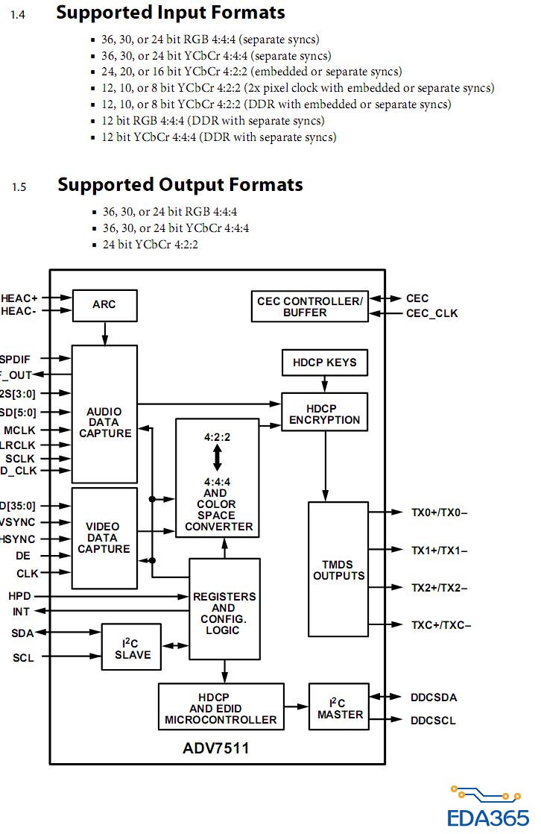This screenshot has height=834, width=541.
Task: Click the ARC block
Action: tap(104, 305)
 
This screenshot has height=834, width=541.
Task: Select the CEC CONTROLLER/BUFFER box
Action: tap(309, 307)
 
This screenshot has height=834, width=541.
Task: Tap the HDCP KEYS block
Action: tap(324, 363)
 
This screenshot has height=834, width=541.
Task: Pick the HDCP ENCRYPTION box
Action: tap(324, 414)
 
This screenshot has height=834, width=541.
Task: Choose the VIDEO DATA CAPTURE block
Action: tap(104, 538)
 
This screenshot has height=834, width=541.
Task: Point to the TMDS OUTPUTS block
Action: tap(338, 569)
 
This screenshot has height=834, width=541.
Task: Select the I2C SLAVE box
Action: tap(133, 649)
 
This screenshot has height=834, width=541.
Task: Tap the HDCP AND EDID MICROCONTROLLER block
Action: tap(221, 708)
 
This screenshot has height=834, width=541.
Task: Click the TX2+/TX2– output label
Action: tap(439, 588)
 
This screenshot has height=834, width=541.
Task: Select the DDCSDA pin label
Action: tap(433, 697)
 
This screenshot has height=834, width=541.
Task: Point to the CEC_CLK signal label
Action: tap(431, 313)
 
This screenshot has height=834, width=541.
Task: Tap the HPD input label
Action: tap(19, 597)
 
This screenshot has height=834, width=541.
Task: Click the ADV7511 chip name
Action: tap(216, 747)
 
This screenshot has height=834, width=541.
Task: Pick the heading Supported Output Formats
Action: tap(180, 184)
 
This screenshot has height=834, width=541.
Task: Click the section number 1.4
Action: tap(18, 14)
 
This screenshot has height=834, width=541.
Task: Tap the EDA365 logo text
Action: tap(488, 818)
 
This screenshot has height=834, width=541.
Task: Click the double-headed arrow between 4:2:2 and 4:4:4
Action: tap(218, 457)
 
